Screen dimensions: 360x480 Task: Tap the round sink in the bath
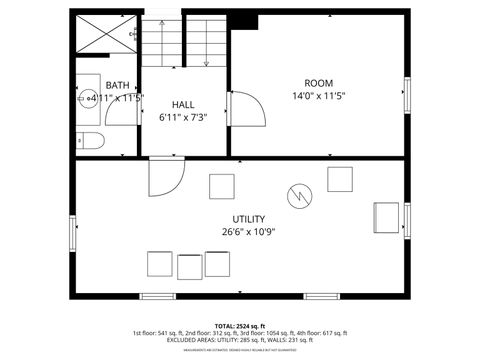tap(88, 98)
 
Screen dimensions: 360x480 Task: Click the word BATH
tap(118, 86)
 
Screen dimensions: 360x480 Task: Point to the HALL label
tap(182, 104)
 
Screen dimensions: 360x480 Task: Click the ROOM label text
tap(318, 83)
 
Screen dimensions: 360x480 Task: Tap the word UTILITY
tap(249, 219)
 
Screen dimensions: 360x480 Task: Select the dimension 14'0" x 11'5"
tap(318, 97)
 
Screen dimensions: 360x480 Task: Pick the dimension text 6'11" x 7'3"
tap(182, 117)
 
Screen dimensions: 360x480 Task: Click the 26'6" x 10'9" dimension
tap(249, 232)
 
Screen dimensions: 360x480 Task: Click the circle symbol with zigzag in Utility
tap(299, 195)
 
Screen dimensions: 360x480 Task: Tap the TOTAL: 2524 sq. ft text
tap(239, 325)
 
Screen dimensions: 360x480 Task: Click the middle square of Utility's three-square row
tap(190, 266)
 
